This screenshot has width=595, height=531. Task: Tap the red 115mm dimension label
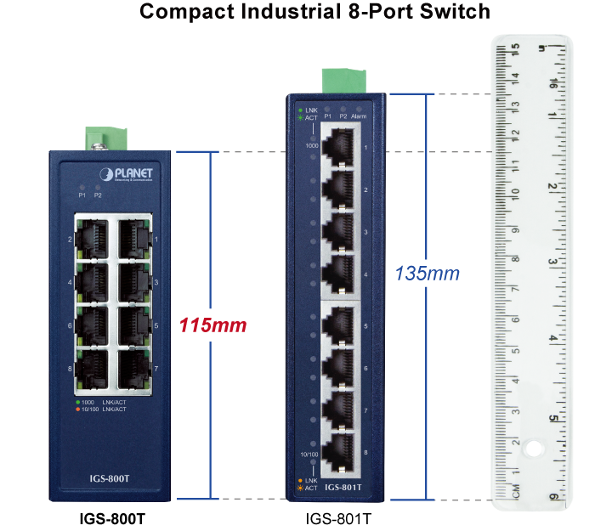pos(212,325)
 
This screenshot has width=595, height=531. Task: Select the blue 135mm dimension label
pos(427,274)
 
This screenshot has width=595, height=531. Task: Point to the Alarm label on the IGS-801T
pos(359,116)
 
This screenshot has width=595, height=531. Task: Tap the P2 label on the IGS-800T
pos(99,195)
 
